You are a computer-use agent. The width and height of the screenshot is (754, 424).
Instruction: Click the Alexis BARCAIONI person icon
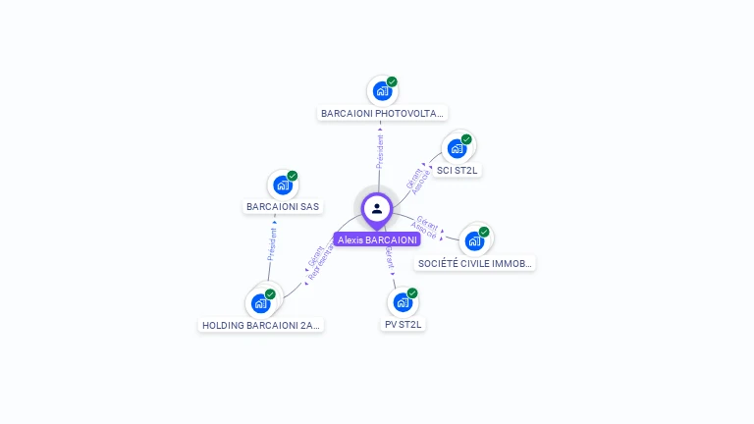[x=377, y=209]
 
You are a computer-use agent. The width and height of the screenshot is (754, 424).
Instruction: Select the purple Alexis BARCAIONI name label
[x=377, y=239]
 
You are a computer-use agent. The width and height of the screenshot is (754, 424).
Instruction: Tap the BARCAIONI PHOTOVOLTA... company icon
[x=382, y=91]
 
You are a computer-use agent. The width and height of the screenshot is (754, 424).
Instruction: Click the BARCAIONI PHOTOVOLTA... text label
[x=383, y=113]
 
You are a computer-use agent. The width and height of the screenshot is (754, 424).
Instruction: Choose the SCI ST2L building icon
[x=457, y=148]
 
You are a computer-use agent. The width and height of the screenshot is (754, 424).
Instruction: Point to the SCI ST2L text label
[x=458, y=170]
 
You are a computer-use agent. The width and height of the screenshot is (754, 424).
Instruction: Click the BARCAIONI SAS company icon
[x=283, y=185]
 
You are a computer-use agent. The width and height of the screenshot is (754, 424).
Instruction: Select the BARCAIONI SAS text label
[x=283, y=207]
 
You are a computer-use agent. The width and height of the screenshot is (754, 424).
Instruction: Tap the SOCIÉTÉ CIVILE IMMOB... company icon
[x=474, y=240]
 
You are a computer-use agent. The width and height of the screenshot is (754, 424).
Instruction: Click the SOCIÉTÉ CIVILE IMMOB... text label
[x=476, y=263]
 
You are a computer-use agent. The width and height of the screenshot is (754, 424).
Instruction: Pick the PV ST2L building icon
[x=403, y=302]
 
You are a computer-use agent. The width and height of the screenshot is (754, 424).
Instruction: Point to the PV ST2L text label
[x=403, y=324]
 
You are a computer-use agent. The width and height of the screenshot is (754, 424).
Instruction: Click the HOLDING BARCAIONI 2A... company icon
[x=261, y=302]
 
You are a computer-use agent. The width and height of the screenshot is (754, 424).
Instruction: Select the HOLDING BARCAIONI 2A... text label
[x=261, y=325]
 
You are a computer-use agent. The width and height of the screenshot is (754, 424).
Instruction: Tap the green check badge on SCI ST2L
[x=466, y=139]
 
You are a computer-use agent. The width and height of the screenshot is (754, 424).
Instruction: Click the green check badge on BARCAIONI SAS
[x=293, y=176]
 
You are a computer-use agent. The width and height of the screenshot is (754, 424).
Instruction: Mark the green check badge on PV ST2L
[x=412, y=293]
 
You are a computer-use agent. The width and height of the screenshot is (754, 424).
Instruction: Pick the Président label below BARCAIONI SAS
[x=272, y=242]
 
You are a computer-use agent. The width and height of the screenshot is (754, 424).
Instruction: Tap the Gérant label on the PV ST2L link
[x=390, y=257]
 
